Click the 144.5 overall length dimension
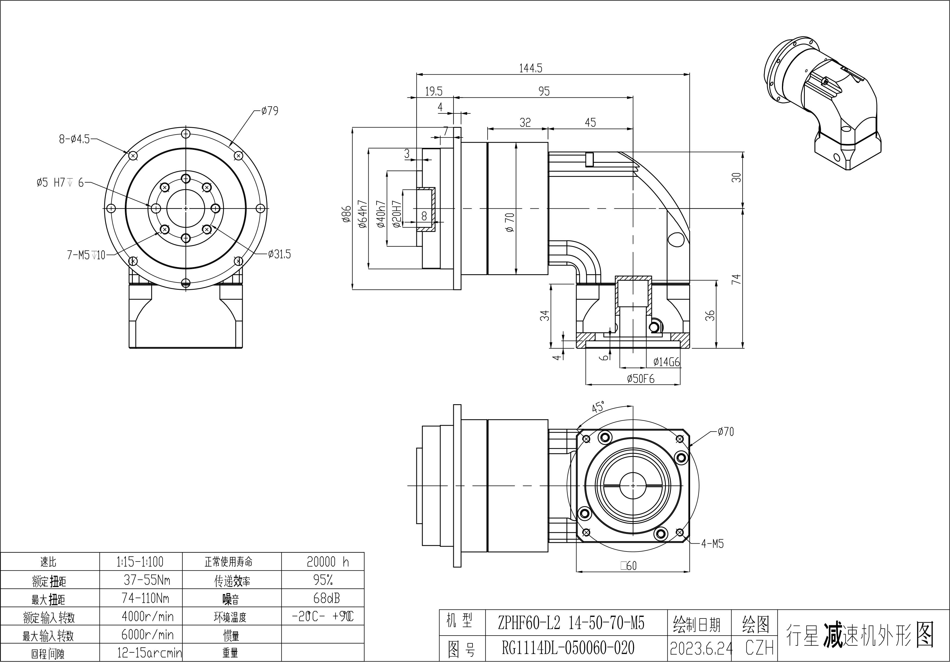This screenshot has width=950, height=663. point(530,68)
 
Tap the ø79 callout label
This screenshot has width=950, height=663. point(270,111)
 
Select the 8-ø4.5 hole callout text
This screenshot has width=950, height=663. point(74,139)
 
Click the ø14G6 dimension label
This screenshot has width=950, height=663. point(666,362)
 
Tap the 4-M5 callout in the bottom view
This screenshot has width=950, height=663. point(712,544)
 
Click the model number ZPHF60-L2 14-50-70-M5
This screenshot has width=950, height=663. point(571,623)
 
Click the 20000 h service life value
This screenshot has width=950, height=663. point(328,562)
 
